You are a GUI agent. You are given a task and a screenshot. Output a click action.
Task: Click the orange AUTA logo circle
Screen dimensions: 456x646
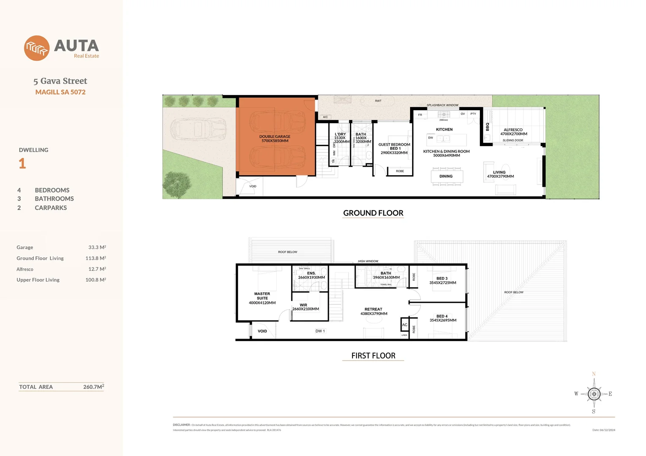37,48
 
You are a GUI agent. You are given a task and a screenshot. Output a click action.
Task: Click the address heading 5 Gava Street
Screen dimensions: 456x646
60,81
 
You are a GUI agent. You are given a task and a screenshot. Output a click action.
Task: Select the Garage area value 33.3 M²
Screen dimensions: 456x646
97,247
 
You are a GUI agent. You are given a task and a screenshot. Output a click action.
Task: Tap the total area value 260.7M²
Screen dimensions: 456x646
93,387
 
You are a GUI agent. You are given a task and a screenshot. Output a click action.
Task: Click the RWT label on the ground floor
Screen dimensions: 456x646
378,101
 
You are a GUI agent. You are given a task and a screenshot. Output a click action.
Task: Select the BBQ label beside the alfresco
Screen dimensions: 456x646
487,127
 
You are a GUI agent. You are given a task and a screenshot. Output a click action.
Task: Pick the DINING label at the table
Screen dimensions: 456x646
446,176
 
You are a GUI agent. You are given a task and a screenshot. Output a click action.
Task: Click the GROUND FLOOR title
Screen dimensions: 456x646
373,213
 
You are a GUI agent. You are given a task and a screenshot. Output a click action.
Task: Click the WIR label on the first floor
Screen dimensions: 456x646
304,305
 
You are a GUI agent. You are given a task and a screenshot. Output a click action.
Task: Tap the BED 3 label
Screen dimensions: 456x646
442,279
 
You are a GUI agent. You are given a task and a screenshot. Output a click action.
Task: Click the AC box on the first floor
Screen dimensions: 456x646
405,325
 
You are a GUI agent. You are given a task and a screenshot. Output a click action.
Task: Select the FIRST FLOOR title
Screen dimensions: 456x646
373,356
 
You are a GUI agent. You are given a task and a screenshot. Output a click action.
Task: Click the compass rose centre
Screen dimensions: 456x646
594,394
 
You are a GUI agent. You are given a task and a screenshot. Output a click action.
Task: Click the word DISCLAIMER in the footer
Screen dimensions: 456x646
181,425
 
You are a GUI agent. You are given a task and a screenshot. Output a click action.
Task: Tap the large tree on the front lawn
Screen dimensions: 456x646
177,184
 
